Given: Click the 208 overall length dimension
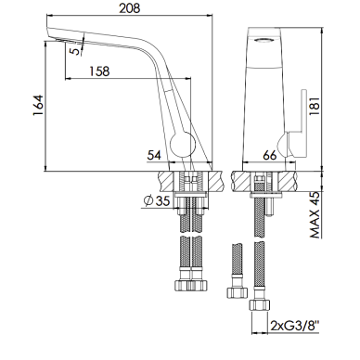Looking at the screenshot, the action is (x=130, y=7).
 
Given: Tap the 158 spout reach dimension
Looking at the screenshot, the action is (x=99, y=71).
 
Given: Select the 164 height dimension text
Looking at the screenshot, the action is (x=39, y=105).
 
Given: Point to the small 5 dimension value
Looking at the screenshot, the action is (x=74, y=50).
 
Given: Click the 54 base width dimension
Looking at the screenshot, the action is (x=154, y=155).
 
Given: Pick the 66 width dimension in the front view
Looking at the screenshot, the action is (x=269, y=155).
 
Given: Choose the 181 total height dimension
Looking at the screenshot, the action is (x=315, y=105).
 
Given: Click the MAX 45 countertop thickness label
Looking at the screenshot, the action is (x=315, y=215).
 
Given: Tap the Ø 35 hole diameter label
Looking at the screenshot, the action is (x=157, y=201).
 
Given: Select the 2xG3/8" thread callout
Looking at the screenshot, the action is (x=295, y=326).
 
